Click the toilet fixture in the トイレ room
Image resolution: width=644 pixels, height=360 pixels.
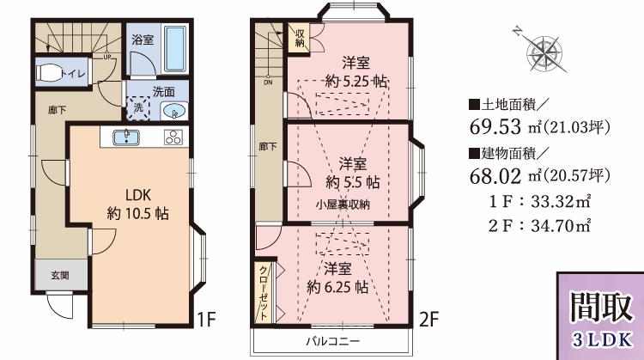point(49,73)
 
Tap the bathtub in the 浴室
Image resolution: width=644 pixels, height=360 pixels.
point(176,49)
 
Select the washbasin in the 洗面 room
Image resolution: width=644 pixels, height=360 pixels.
point(173,111)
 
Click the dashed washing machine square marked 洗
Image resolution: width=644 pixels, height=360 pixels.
point(138,107)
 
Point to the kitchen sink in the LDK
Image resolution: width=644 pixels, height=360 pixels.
point(126,137)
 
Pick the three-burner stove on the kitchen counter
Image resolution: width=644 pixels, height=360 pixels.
point(173,137)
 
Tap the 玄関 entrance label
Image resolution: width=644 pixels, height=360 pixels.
point(60,276)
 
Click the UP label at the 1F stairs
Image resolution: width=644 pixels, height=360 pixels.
point(107,57)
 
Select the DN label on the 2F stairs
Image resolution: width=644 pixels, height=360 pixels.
point(268,82)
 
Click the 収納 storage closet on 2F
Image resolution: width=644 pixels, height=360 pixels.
point(299,38)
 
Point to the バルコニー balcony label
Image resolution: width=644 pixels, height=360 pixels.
point(332,341)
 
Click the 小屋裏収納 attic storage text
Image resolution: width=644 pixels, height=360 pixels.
point(343,204)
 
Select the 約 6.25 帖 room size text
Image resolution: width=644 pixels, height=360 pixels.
point(337,287)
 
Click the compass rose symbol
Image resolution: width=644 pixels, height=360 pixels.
point(544,52)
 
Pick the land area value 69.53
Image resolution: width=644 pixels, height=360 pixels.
point(495,126)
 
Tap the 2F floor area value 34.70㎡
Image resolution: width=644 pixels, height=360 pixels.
point(561,226)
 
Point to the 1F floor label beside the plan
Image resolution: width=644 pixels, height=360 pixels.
point(207,320)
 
